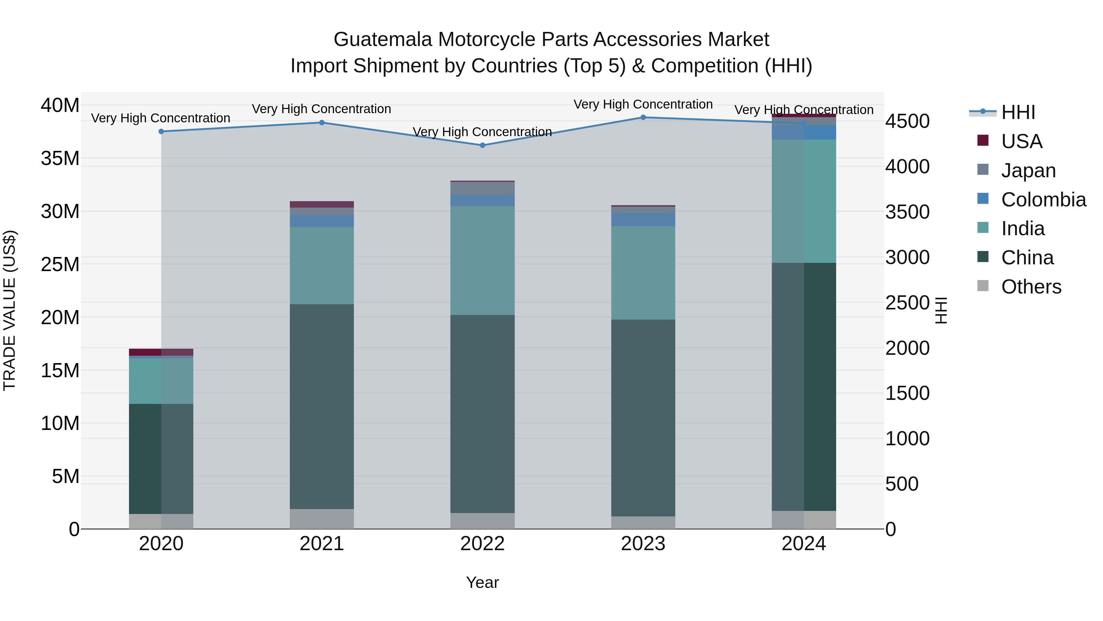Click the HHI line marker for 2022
click(482, 145)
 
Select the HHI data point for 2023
click(643, 117)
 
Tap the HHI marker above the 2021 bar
click(322, 123)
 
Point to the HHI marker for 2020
click(161, 132)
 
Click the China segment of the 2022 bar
click(482, 414)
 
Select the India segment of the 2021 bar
click(322, 266)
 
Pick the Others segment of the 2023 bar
click(643, 523)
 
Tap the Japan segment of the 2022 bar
click(482, 189)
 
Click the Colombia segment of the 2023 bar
click(643, 220)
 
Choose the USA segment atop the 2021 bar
click(322, 205)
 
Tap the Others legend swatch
click(983, 286)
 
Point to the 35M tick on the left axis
click(60, 159)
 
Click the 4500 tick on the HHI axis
click(907, 121)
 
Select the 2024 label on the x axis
click(803, 544)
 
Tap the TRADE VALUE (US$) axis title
click(9, 310)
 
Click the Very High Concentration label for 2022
click(482, 132)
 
